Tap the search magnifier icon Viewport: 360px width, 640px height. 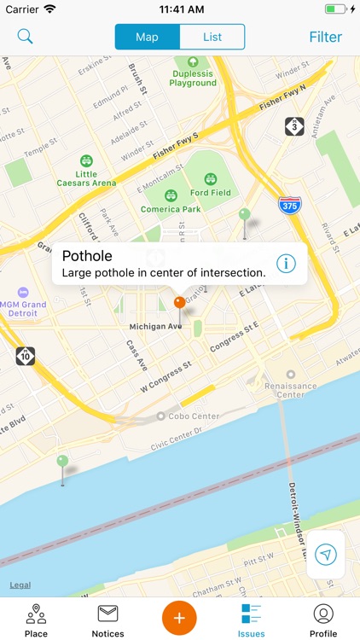click(26, 37)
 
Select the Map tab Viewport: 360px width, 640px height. click(148, 37)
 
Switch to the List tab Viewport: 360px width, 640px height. click(212, 37)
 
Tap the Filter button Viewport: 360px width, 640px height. click(325, 37)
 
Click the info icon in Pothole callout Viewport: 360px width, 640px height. click(286, 264)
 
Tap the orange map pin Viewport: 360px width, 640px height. click(179, 303)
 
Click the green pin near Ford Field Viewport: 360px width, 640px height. click(245, 215)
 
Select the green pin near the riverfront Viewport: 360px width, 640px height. click(62, 463)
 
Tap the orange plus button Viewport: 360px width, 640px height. click(180, 617)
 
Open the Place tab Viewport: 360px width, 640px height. click(36, 620)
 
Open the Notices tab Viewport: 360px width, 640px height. click(107, 620)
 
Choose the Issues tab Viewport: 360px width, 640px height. click(252, 620)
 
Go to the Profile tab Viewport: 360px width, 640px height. click(323, 620)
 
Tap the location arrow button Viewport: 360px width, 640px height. click(326, 555)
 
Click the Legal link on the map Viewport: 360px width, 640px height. click(20, 585)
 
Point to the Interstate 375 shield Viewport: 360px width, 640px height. click(290, 205)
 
